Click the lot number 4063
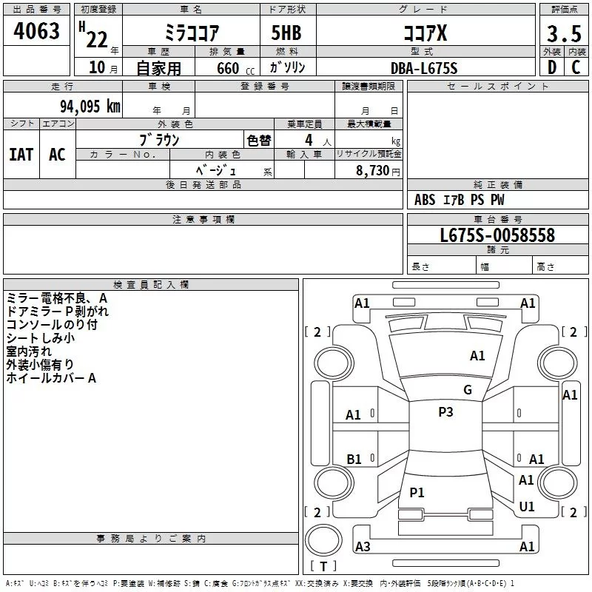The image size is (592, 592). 36,31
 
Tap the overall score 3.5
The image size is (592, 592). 564,33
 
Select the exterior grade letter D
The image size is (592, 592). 552,67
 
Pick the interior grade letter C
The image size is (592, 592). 576,67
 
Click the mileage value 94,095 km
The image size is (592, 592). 90,107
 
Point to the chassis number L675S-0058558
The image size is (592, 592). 497,235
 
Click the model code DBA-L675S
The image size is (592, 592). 424,68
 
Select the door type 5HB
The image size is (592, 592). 286,33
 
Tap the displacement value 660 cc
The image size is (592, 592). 235,69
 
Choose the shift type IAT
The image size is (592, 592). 21,155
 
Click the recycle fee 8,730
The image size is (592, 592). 373,171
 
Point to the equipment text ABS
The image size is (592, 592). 425,200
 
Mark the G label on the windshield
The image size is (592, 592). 468,390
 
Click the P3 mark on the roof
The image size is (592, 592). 445,412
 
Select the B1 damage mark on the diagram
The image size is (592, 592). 354,460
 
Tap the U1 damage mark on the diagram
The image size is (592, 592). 527,507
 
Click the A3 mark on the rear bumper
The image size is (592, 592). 363,547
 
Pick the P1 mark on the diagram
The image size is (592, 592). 417,493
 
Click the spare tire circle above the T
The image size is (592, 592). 323,540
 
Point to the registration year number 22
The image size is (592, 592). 97,40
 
